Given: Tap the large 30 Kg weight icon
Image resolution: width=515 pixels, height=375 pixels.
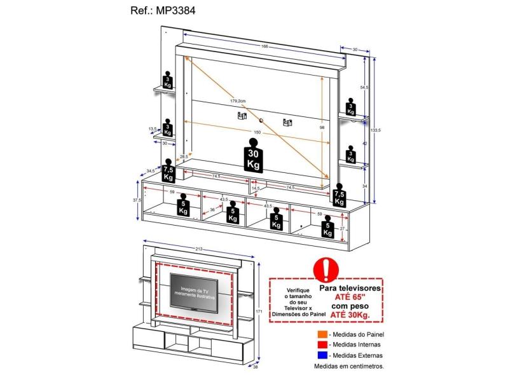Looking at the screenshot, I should point(252,158).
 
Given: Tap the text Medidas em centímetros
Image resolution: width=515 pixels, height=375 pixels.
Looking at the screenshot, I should point(349,366).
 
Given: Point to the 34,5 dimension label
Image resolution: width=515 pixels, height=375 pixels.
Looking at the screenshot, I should point(150,171).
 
